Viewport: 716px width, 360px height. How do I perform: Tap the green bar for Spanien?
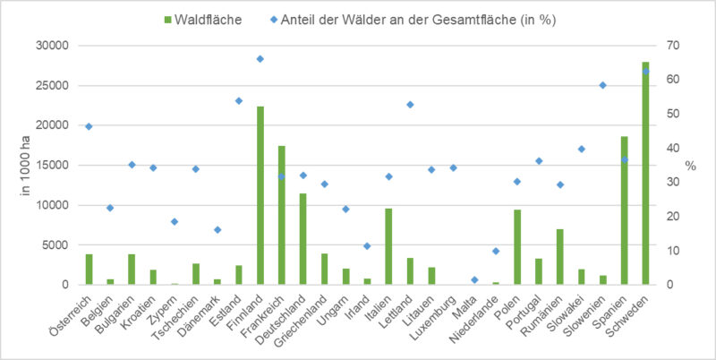click(x=624, y=210)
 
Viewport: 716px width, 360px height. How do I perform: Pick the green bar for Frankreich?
click(x=282, y=215)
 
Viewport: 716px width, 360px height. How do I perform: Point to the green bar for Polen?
click(x=516, y=247)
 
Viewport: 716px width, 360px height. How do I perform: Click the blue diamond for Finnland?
click(x=260, y=59)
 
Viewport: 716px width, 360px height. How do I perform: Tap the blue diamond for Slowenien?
click(x=602, y=85)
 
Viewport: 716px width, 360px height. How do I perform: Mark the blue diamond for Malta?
click(x=474, y=279)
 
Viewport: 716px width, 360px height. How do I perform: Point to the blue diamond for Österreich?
click(x=89, y=126)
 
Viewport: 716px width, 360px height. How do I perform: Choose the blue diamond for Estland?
click(x=239, y=101)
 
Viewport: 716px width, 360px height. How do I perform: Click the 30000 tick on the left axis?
click(x=56, y=46)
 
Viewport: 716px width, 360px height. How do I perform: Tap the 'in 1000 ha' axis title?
click(x=22, y=165)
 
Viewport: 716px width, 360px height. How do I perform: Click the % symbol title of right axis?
click(x=690, y=166)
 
